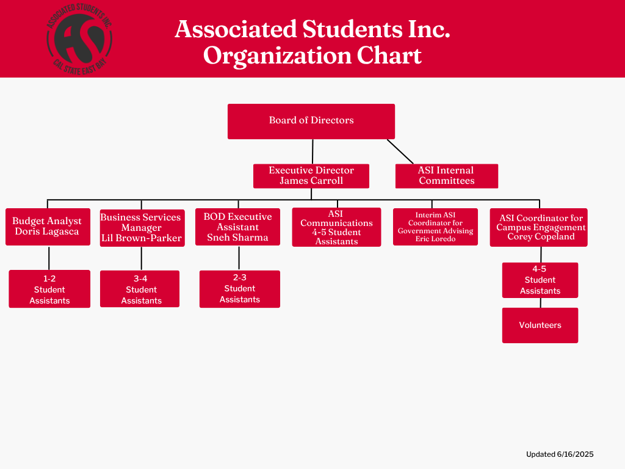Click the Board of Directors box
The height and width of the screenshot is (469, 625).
point(311,121)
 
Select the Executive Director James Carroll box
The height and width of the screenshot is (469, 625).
point(311,175)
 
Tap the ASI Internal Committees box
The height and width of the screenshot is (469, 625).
point(446,175)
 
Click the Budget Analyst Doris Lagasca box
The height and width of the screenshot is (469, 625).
point(48,226)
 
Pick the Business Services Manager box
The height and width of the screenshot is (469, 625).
point(141,227)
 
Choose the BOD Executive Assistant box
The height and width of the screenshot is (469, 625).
point(237,227)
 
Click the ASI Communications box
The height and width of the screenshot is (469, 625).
point(336,227)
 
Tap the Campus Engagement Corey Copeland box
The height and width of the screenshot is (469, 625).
point(538,227)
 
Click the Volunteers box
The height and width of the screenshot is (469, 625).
point(540,325)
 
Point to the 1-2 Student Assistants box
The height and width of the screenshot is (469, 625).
point(49,289)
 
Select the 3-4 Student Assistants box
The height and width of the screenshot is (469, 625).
point(140,289)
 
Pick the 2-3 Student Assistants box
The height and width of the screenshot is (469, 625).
point(240,289)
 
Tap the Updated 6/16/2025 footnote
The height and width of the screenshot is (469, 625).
point(560,454)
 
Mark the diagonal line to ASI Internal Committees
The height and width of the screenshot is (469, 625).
point(400,151)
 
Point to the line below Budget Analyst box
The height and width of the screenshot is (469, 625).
point(49,257)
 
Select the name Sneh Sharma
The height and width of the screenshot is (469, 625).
point(237,238)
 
